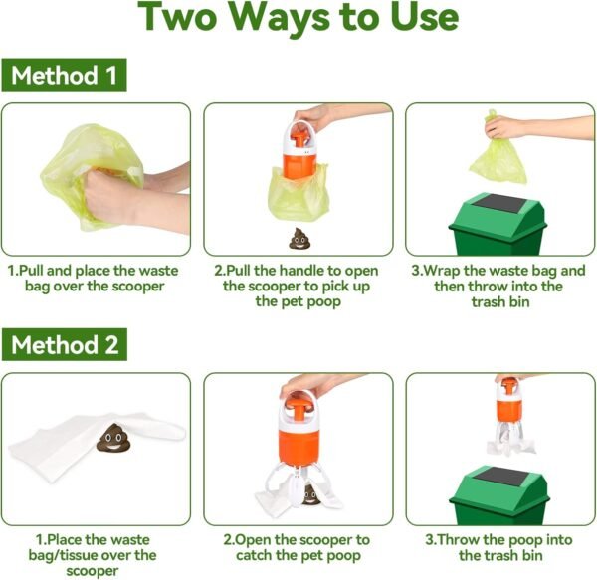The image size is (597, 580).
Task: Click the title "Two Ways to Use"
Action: (x=298, y=20)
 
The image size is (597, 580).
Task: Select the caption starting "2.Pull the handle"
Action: (x=298, y=286)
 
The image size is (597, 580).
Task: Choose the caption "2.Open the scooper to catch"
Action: (x=298, y=547)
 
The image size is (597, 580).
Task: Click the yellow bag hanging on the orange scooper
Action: (x=298, y=194)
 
